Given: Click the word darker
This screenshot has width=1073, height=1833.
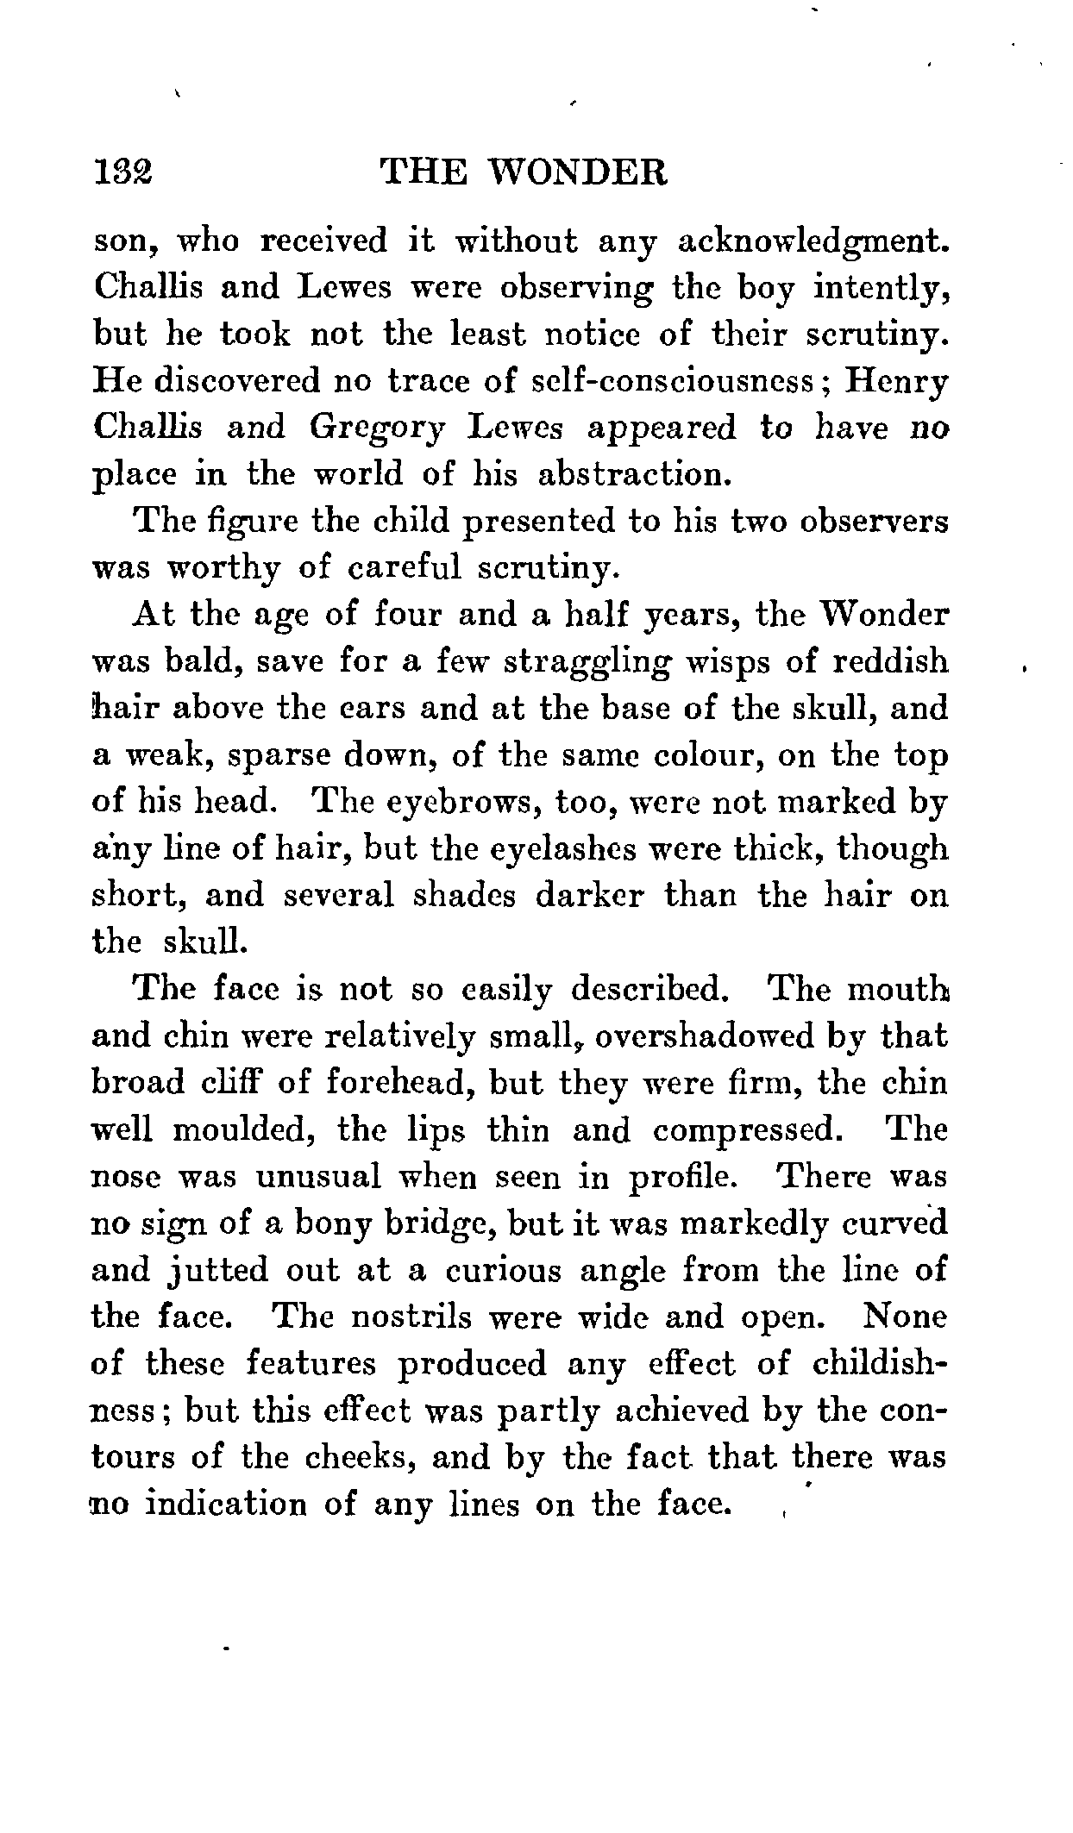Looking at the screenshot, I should point(590,896).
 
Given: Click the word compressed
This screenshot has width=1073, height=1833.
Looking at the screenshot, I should point(746,1130).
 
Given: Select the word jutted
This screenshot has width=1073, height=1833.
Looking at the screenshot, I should point(214,1272).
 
